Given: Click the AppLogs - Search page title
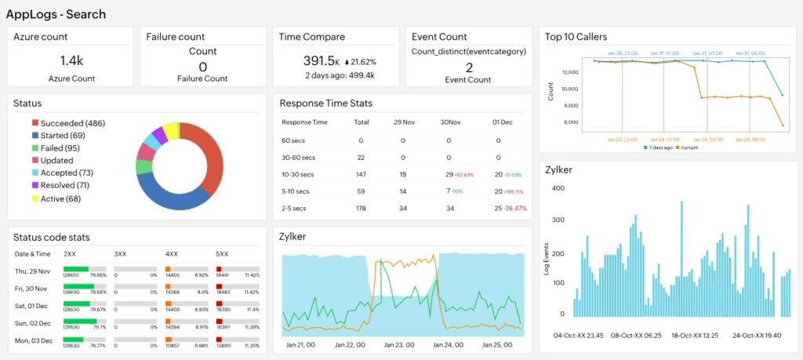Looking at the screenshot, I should coord(56,14).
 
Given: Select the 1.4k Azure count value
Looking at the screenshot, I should coord(71,60).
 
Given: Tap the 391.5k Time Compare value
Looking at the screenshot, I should coord(321,60).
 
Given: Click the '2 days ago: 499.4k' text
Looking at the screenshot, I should coord(340,75).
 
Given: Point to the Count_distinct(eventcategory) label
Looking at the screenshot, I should coord(469,52).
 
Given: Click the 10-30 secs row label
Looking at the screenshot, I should coord(298,175).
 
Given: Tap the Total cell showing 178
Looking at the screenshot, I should coord(361,209).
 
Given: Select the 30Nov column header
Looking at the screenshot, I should coord(449,122).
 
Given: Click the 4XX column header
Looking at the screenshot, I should coord(173,254).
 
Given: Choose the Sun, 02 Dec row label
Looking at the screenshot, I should coord(33,323).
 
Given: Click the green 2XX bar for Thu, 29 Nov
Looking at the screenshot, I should coord(77,269).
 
